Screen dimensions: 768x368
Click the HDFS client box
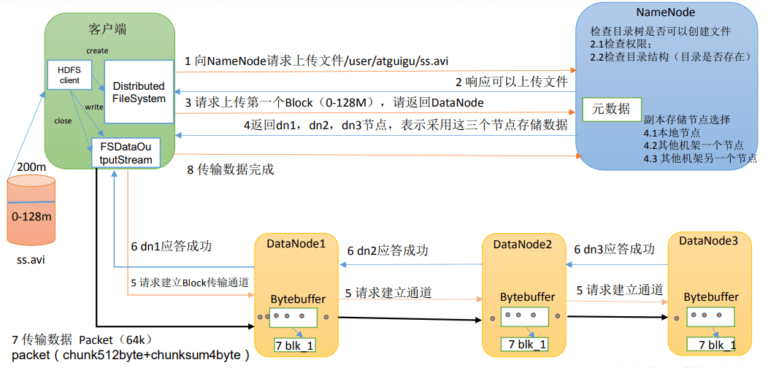69,75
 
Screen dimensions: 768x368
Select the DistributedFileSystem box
139,92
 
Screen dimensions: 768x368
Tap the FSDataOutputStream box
126,153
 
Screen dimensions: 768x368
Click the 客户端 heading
108,29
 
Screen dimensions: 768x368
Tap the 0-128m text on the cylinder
31,215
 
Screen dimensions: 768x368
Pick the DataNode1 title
296,242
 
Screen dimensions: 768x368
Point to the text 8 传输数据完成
231,170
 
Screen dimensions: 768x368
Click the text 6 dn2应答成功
388,250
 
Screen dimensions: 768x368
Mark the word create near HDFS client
98,50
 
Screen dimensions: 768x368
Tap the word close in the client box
64,120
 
